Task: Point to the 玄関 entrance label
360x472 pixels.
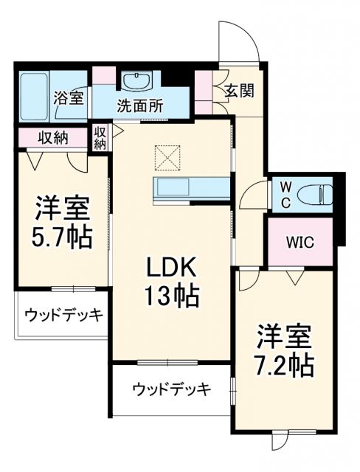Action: coord(239,91)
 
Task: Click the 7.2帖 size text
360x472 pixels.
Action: coord(283,364)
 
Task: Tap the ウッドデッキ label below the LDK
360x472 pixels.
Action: coord(172,388)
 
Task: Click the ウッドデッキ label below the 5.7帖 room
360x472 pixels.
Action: coord(63,315)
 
